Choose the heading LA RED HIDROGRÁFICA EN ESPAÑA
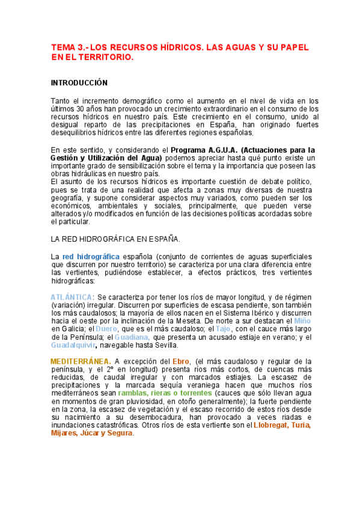(x=115, y=239)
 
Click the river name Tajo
(x=223, y=329)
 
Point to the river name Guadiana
(x=128, y=337)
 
